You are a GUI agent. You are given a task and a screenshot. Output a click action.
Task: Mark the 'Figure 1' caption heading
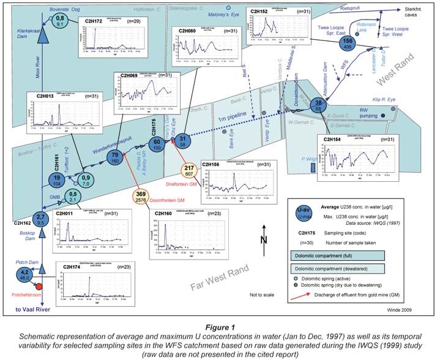pos(218,326)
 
